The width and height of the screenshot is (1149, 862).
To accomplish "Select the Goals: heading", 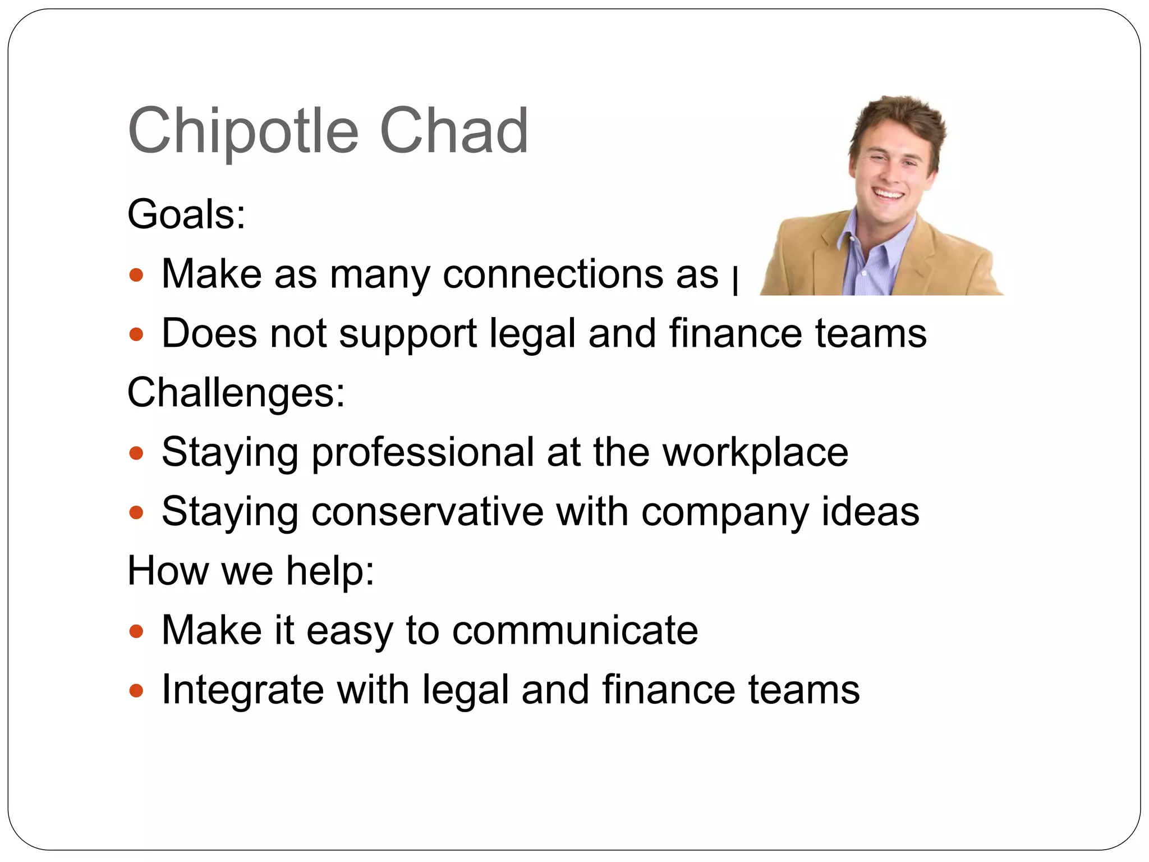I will [186, 214].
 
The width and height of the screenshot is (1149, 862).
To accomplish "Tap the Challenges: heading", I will [236, 392].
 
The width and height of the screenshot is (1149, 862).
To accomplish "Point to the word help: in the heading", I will [330, 571].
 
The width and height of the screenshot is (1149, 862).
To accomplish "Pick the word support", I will [408, 334].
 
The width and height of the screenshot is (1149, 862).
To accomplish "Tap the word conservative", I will [427, 512].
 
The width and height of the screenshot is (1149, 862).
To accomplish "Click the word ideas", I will [870, 512].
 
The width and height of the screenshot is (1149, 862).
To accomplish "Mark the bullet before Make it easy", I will [136, 632].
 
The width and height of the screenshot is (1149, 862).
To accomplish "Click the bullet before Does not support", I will [136, 335].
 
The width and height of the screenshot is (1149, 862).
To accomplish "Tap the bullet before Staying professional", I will [136, 453].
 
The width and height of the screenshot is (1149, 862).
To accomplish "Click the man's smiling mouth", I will [888, 195].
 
